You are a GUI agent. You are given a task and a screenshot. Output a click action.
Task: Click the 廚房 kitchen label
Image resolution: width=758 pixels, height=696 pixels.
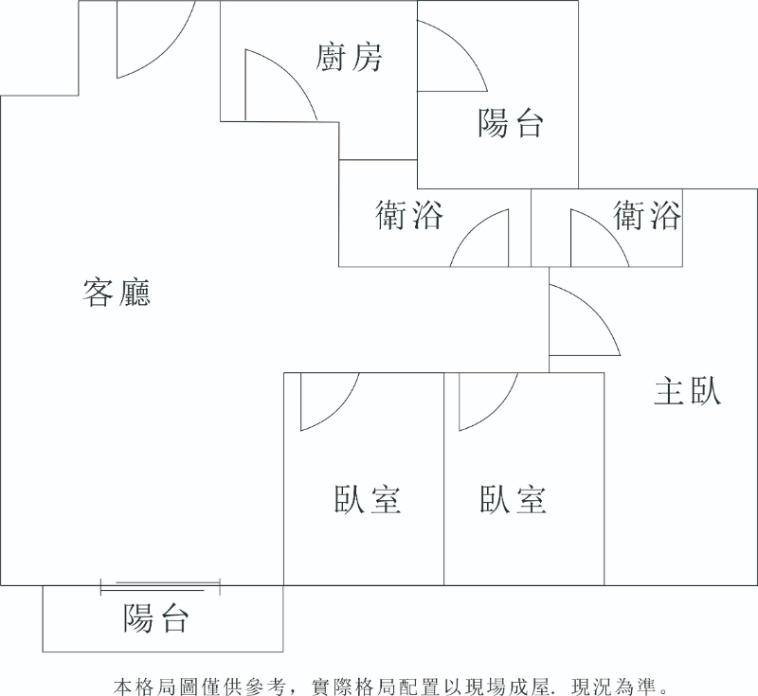click(x=349, y=58)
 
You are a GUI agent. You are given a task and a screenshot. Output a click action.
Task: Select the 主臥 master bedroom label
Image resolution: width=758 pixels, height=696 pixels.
click(x=688, y=391)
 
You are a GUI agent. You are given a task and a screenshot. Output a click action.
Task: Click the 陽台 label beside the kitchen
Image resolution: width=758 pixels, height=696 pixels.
click(x=511, y=122)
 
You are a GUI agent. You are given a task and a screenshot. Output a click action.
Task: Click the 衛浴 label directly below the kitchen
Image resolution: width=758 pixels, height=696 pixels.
click(x=409, y=216)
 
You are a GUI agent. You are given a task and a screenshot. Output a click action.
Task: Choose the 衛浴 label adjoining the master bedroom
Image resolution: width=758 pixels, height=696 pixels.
click(x=647, y=216)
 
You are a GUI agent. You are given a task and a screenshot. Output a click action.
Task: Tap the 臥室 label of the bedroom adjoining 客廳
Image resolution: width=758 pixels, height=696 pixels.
click(x=368, y=499)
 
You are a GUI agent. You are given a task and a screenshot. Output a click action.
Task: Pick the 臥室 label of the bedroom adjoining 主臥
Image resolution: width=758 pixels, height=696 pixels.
click(x=514, y=499)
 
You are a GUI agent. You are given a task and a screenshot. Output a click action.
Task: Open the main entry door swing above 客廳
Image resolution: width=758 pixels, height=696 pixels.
click(x=152, y=43)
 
